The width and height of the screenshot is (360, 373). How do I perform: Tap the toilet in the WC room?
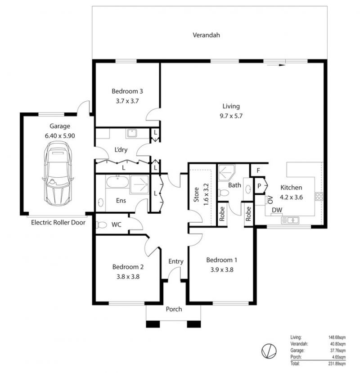click(x=102, y=225)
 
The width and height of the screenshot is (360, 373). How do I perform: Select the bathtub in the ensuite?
click(x=117, y=182)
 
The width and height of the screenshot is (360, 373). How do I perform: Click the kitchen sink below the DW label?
click(x=290, y=220)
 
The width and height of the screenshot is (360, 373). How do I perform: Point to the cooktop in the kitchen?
click(x=319, y=196)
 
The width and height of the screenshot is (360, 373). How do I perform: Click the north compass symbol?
click(x=269, y=351)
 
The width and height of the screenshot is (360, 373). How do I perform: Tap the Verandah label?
click(x=206, y=35)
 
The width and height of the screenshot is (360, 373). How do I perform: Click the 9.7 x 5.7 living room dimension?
click(x=231, y=116)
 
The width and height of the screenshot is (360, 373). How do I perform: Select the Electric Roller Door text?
click(x=58, y=222)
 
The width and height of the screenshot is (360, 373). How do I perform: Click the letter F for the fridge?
click(x=258, y=171)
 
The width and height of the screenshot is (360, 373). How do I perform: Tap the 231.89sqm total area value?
click(x=337, y=364)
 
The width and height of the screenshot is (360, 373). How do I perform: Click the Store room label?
click(x=196, y=194)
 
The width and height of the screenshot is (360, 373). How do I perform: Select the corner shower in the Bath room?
click(x=226, y=173)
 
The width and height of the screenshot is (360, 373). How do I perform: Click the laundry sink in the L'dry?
click(x=132, y=133)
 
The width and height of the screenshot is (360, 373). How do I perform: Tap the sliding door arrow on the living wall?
click(x=274, y=65)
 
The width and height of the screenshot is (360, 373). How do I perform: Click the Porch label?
click(x=174, y=309)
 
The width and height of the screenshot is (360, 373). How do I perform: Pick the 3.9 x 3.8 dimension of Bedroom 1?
click(x=222, y=270)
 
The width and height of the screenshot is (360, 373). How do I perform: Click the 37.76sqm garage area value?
click(x=338, y=351)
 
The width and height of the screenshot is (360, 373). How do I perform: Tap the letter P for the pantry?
click(x=259, y=186)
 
